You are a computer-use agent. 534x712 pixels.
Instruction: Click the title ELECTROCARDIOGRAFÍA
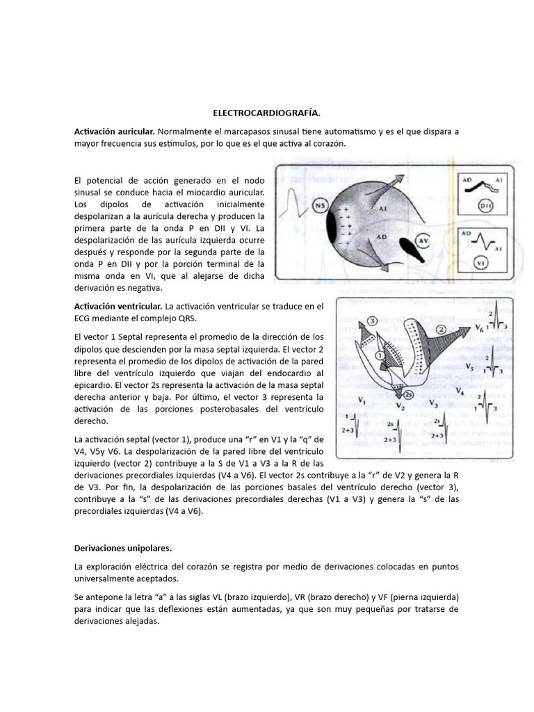(266, 112)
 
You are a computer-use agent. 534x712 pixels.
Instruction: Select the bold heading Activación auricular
(114, 131)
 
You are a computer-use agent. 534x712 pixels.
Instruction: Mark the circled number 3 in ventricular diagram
(373, 321)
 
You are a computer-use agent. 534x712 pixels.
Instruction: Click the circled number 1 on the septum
(379, 355)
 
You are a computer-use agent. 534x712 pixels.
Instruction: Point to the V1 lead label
(362, 400)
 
